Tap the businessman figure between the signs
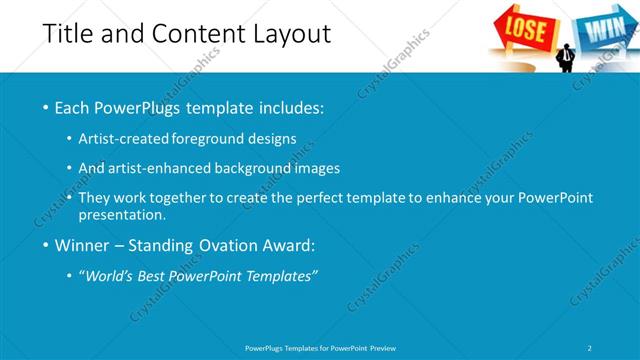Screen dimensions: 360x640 [566, 55]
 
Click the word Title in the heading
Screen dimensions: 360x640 [67, 34]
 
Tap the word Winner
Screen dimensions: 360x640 [84, 245]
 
